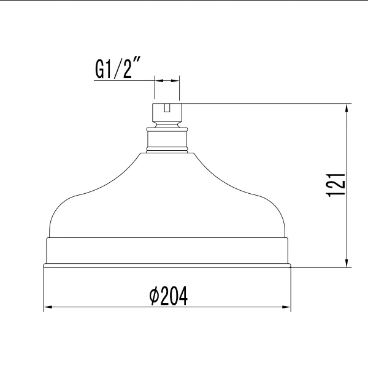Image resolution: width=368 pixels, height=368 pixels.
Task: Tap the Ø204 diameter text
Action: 168,296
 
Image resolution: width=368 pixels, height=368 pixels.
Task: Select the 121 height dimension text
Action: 336,185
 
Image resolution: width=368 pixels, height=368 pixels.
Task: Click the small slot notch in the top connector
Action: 167,107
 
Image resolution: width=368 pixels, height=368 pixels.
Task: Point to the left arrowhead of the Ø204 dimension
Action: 48,307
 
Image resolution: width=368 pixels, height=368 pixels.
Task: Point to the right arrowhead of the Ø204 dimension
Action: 286,307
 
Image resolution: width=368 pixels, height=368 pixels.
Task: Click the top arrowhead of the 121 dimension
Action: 347,108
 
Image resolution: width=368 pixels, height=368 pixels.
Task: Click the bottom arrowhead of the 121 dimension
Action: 347,263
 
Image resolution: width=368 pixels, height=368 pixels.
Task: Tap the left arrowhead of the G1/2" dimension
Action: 159,81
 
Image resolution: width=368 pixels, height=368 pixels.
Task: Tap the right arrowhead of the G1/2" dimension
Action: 175,81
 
